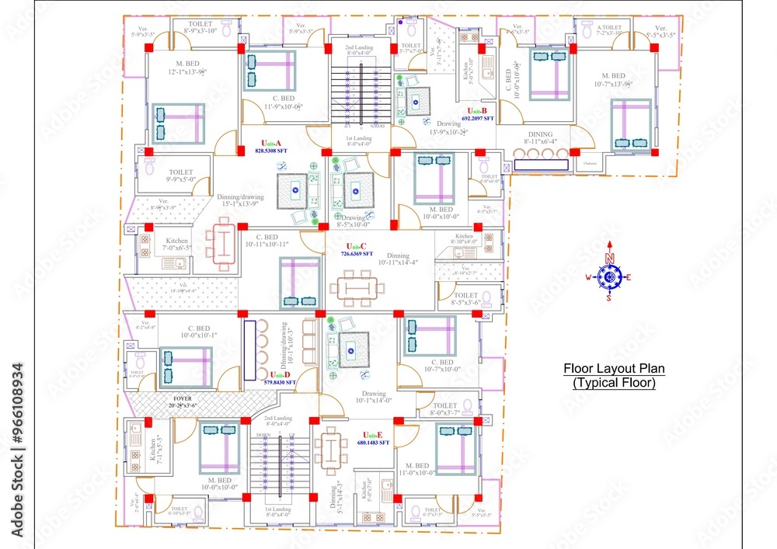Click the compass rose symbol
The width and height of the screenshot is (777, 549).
click(x=610, y=276)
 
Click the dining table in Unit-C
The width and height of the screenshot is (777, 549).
click(x=357, y=288)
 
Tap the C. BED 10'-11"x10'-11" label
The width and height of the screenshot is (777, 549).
click(x=267, y=241)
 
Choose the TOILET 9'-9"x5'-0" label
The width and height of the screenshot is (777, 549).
click(x=180, y=176)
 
